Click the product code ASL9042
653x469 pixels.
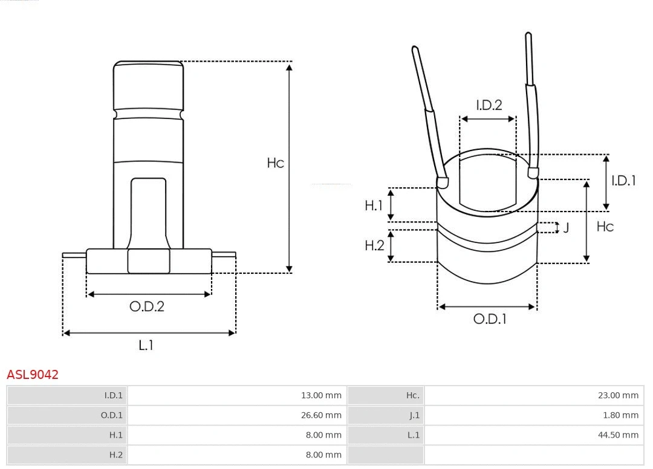pyautogui.click(x=33, y=374)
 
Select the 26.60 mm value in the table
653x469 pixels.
pyautogui.click(x=321, y=415)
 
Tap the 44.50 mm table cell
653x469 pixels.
pyautogui.click(x=618, y=435)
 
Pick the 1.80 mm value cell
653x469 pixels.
pyautogui.click(x=620, y=415)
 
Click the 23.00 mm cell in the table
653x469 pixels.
pyautogui.click(x=618, y=395)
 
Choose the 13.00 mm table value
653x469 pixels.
pyautogui.click(x=321, y=395)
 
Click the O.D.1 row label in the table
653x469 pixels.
pyautogui.click(x=111, y=415)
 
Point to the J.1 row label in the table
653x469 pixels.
pyautogui.click(x=414, y=415)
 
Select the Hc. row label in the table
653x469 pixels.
pyautogui.click(x=412, y=395)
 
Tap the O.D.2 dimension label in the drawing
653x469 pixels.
pyautogui.click(x=146, y=306)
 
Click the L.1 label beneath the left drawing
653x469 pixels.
pyautogui.click(x=146, y=345)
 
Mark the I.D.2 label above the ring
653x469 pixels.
pyautogui.click(x=489, y=105)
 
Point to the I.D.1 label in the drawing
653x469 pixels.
pyautogui.click(x=623, y=180)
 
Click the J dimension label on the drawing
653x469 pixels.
pyautogui.click(x=566, y=228)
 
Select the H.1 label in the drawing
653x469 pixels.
pyautogui.click(x=374, y=205)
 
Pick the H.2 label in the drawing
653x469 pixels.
pyautogui.click(x=374, y=245)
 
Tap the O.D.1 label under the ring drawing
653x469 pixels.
pyautogui.click(x=489, y=319)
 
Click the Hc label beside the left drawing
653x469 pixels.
pyautogui.click(x=275, y=163)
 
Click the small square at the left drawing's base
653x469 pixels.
pyautogui.click(x=149, y=261)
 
